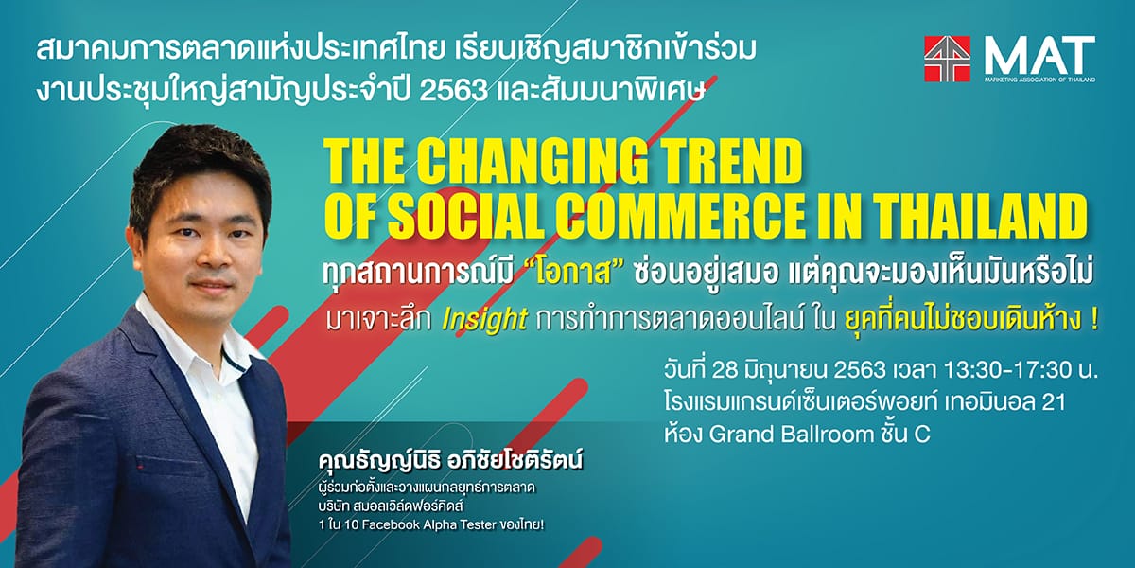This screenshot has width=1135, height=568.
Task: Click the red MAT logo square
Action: [947, 59]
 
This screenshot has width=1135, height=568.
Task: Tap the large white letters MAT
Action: [1039, 56]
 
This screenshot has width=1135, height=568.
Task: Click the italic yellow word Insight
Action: [484, 320]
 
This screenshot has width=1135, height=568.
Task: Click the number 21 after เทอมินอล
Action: [1053, 402]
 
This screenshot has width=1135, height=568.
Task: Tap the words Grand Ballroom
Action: [792, 435]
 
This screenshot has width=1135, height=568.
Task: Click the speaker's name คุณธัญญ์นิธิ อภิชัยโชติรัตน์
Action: [451, 462]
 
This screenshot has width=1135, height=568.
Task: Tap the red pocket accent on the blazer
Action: [147, 465]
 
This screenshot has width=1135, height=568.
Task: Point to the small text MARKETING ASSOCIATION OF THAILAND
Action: [1039, 80]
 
